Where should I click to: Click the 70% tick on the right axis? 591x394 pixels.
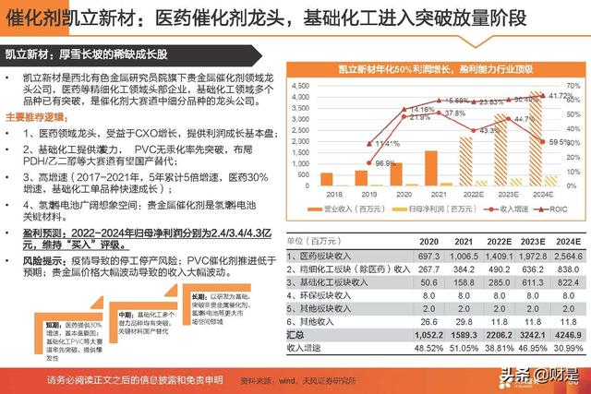pos(573,84)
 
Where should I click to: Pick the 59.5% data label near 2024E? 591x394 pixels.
pos(560,142)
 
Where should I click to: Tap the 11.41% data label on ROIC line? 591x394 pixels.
pos(386,143)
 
